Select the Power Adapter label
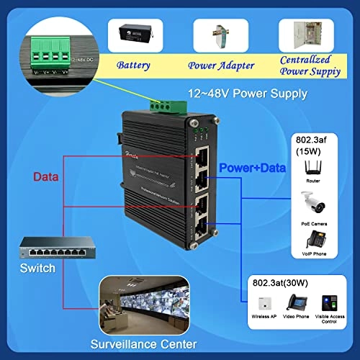pos(222,66)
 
